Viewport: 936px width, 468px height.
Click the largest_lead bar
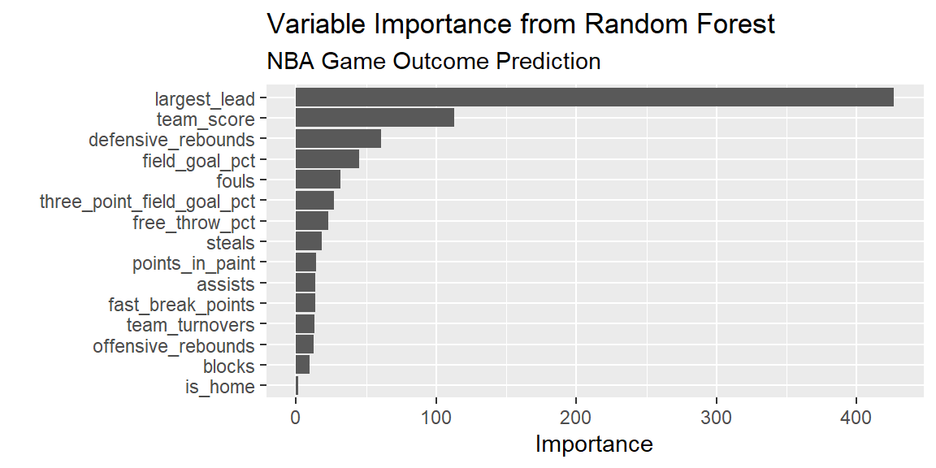click(x=595, y=97)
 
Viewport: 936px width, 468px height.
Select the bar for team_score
click(x=375, y=118)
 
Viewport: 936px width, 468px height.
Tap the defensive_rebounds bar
click(x=339, y=138)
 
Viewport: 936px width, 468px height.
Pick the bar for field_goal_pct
click(x=327, y=159)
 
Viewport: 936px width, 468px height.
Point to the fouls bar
click(x=318, y=180)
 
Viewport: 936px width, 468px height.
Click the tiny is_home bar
click(x=297, y=386)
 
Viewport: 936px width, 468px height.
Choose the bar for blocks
click(x=302, y=366)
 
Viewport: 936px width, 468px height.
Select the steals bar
click(x=309, y=242)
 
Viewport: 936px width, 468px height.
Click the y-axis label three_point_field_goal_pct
click(x=147, y=201)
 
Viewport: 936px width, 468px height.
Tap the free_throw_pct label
click(x=194, y=223)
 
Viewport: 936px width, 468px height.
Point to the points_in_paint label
click(x=194, y=263)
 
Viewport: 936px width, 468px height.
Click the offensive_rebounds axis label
click(x=174, y=346)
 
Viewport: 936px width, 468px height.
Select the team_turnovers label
click(x=190, y=325)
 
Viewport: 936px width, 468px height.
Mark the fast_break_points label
click(x=181, y=305)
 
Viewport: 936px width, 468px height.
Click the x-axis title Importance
click(x=595, y=444)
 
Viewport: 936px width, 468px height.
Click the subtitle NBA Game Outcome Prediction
click(x=434, y=62)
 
